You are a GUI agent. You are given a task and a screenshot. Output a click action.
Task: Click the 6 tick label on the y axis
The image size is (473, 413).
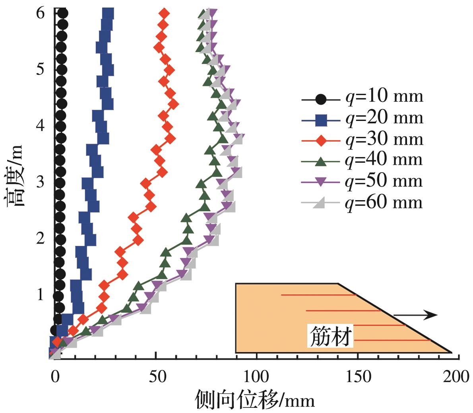coord(40,13)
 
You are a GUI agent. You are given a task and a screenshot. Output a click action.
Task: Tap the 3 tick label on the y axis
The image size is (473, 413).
coord(40,182)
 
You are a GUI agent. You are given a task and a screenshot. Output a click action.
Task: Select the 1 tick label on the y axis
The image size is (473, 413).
coord(40,295)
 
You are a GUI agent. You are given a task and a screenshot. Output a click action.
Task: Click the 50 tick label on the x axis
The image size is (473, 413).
coord(156,377)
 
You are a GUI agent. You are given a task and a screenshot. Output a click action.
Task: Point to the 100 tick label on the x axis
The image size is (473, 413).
coord(256,377)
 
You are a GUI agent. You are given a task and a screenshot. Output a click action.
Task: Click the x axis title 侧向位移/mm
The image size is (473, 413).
coord(255,399)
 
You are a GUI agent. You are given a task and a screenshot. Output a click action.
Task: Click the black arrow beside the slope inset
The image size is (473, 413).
coord(415,315)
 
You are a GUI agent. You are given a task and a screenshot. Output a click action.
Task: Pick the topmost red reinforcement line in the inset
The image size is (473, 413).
coord(318,295)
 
